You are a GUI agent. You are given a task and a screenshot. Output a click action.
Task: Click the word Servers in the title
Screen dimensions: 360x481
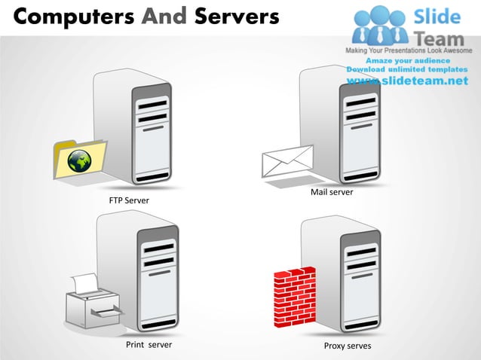(x=234, y=16)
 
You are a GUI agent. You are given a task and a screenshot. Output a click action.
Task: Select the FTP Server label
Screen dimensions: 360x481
(x=129, y=201)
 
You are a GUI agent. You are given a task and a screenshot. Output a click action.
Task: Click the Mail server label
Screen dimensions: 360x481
(x=332, y=193)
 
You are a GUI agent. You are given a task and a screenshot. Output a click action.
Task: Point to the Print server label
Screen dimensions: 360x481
(x=149, y=345)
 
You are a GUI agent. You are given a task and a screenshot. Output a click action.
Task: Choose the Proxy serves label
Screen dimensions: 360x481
(x=348, y=346)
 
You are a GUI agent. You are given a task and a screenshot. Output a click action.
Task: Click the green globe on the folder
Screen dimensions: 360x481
(x=79, y=160)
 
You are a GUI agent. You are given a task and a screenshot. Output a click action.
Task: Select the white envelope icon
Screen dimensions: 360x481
(x=286, y=160)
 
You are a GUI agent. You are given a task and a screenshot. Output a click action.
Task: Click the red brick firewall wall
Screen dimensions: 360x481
(x=295, y=297)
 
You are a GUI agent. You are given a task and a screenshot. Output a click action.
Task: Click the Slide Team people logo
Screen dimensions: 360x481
(x=380, y=24)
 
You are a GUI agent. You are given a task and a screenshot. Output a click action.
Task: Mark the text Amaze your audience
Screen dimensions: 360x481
(x=408, y=60)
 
